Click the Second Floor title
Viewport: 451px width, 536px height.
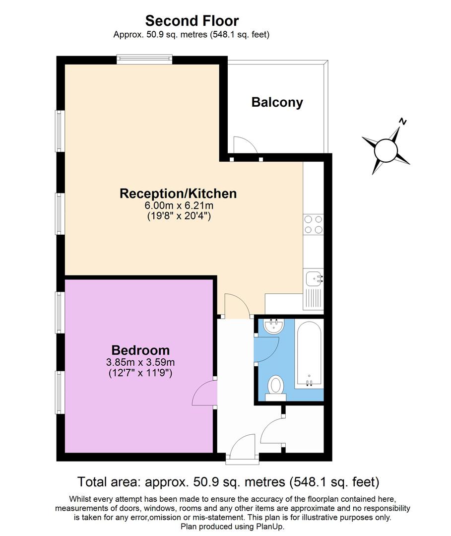point(192,21)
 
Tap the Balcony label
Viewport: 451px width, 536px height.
point(277,102)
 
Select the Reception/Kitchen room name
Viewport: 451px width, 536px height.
point(178,193)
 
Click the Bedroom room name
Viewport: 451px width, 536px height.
point(140,350)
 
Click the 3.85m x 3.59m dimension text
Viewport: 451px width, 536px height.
point(140,362)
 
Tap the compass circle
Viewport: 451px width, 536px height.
point(386,149)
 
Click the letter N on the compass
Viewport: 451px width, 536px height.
point(403,122)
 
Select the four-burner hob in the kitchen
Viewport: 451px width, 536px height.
point(313,224)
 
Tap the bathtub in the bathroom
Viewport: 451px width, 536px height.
point(309,353)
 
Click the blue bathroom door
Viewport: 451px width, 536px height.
point(268,348)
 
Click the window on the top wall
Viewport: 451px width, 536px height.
point(144,60)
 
